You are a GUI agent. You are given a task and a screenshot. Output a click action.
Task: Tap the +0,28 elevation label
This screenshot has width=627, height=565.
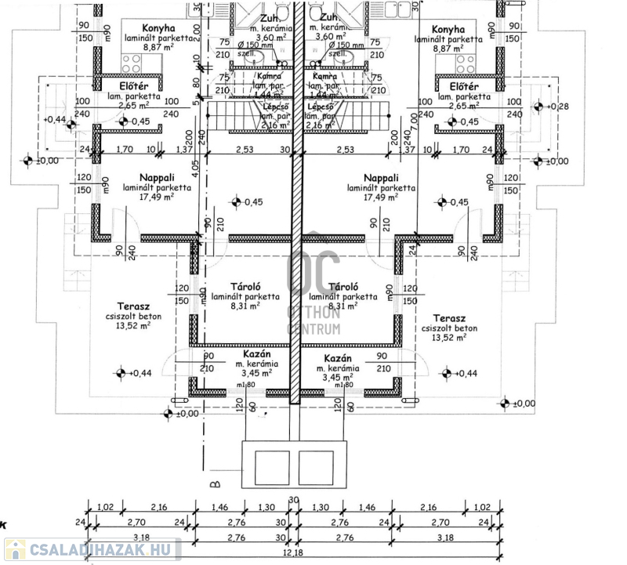560,107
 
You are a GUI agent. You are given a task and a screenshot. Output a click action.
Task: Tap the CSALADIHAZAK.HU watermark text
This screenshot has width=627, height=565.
103,550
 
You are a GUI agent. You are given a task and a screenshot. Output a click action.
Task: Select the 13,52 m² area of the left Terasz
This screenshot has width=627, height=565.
133,325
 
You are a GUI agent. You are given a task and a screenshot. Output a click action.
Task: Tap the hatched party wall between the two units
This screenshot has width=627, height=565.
295,235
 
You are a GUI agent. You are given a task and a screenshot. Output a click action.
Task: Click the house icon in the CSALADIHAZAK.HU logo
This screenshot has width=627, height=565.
14,550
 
